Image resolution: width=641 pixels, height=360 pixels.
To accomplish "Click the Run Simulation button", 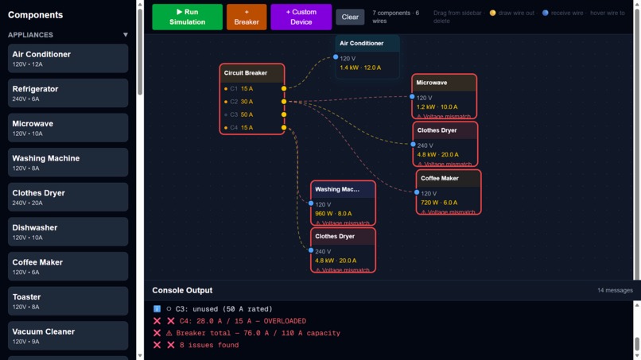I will pyautogui.click(x=187, y=17).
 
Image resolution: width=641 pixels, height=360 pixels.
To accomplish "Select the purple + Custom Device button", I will pyautogui.click(x=301, y=17).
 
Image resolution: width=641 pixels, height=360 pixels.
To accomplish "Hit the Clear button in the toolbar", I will pyautogui.click(x=350, y=17).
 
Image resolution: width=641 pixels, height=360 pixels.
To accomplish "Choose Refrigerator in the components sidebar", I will pyautogui.click(x=68, y=93).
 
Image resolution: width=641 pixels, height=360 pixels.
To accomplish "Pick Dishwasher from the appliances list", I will pyautogui.click(x=68, y=231).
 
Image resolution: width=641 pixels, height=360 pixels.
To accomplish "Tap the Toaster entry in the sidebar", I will pyautogui.click(x=68, y=300).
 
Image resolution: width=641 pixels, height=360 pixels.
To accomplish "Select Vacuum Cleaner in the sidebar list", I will pyautogui.click(x=68, y=335).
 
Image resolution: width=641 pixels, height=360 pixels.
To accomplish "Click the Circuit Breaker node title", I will pyautogui.click(x=246, y=73).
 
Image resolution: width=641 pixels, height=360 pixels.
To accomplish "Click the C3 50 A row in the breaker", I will pyautogui.click(x=247, y=114).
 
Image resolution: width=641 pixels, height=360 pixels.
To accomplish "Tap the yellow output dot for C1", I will pyautogui.click(x=284, y=89).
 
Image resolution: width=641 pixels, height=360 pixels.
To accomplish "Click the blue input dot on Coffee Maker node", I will pyautogui.click(x=417, y=192).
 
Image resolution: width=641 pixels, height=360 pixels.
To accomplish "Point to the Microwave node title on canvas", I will pyautogui.click(x=432, y=83).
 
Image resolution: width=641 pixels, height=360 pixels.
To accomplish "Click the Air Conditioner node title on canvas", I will pyautogui.click(x=361, y=44).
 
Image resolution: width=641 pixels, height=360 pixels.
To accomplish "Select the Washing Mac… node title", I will pyautogui.click(x=337, y=190).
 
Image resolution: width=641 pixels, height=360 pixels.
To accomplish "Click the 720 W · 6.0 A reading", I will pyautogui.click(x=439, y=203).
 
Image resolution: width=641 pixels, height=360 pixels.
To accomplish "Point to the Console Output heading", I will pyautogui.click(x=182, y=290).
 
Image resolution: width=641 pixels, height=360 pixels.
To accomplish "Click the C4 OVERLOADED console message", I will pyautogui.click(x=243, y=321).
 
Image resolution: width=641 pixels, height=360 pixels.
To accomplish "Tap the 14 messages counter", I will pyautogui.click(x=615, y=291).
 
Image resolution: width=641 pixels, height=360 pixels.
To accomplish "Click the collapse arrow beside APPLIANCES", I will pyautogui.click(x=126, y=35).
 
